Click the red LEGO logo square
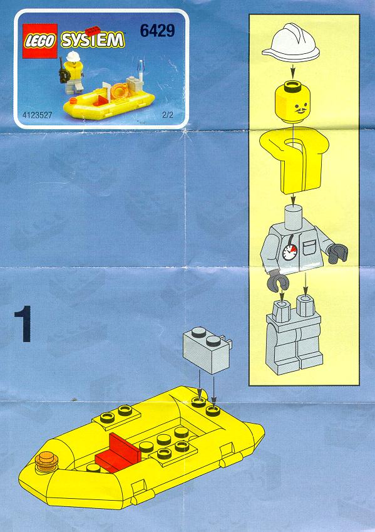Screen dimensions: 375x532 [39, 41]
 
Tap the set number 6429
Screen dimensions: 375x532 [157, 31]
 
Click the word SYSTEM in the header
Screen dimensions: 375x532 [93, 40]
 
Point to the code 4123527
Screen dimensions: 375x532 [38, 115]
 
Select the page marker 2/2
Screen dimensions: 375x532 [168, 115]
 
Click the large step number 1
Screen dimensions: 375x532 [24, 324]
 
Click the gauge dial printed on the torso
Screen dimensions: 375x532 [290, 252]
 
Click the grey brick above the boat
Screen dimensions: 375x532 [207, 350]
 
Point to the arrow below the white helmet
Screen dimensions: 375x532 [293, 71]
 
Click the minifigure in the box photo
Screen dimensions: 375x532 [72, 72]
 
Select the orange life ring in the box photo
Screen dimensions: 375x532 [118, 90]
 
